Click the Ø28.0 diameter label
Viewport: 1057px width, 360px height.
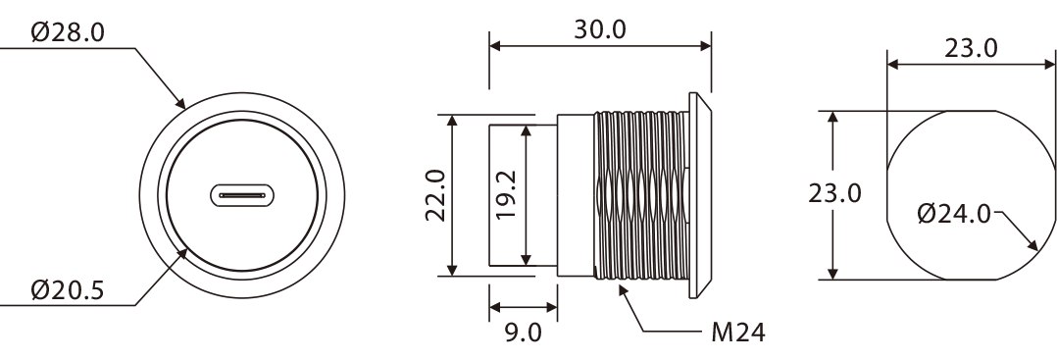click(x=68, y=32)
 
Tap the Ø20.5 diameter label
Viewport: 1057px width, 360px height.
click(x=68, y=290)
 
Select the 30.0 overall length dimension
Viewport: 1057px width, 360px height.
click(x=600, y=29)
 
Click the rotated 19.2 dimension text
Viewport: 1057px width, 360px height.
click(x=507, y=194)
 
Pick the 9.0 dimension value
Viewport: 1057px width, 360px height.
click(x=524, y=333)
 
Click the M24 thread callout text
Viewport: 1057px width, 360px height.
click(x=738, y=333)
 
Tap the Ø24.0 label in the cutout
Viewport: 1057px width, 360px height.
click(x=955, y=215)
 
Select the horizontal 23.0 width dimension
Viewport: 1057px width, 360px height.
click(x=971, y=48)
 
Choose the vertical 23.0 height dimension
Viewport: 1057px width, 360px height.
click(x=835, y=194)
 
